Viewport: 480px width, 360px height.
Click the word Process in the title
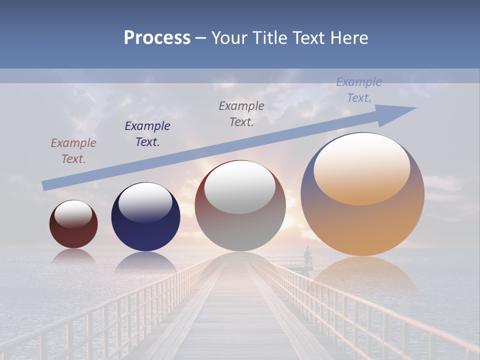[x=157, y=38]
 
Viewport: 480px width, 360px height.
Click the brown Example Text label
[x=73, y=151]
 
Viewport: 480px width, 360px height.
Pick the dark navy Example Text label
[x=147, y=134]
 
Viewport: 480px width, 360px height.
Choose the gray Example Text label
[x=241, y=114]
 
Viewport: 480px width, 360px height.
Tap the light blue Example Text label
[x=359, y=90]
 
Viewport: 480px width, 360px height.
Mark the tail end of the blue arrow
[x=46, y=185]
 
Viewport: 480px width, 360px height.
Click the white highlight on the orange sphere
[x=361, y=168]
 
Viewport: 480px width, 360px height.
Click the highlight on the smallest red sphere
[x=73, y=214]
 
